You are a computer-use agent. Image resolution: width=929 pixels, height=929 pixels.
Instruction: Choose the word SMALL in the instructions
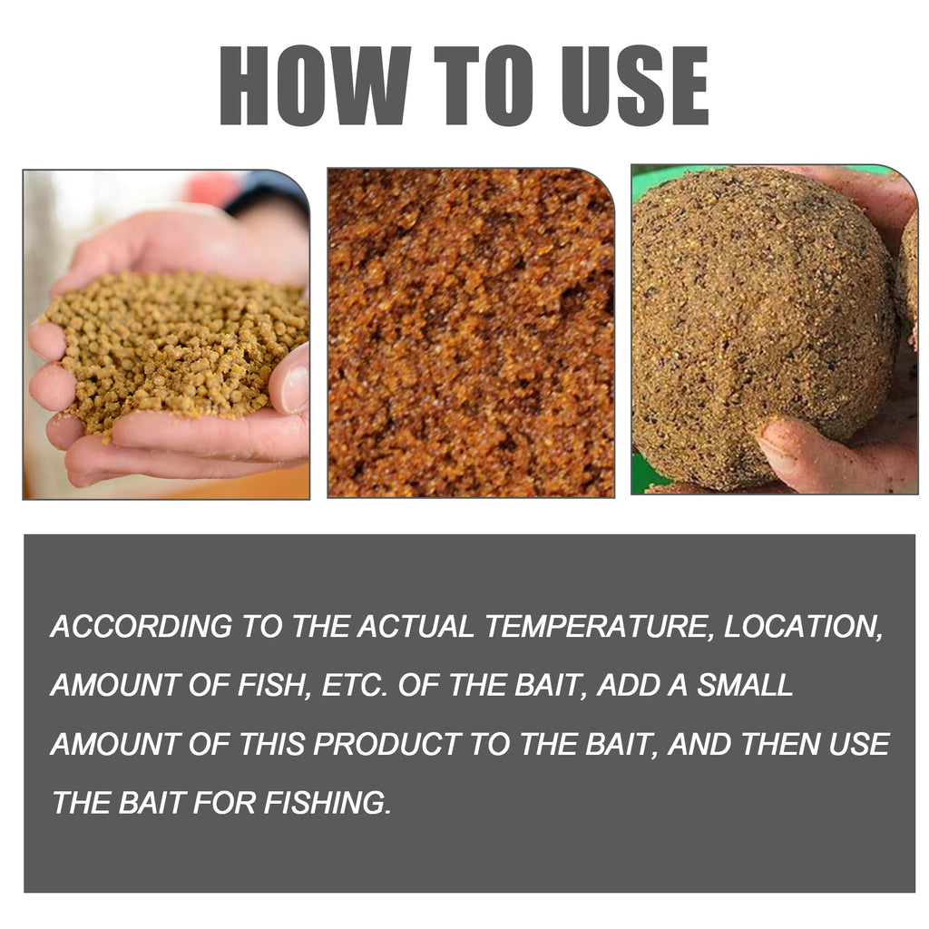click(745, 686)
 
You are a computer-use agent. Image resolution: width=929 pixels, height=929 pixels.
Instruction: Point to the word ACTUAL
click(416, 627)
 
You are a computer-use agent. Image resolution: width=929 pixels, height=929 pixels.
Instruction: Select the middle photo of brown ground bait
click(470, 332)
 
